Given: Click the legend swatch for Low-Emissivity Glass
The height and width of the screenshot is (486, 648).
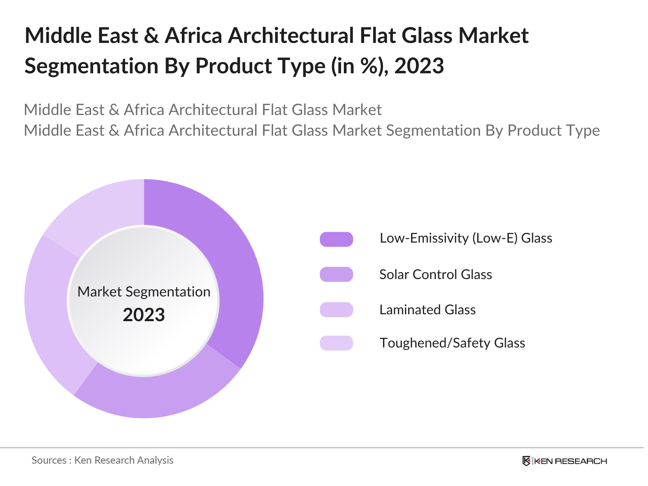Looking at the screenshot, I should pyautogui.click(x=336, y=239).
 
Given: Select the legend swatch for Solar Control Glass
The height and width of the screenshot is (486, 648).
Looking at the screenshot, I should pyautogui.click(x=336, y=275).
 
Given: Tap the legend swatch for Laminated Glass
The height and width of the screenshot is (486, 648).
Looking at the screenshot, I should pyautogui.click(x=336, y=310).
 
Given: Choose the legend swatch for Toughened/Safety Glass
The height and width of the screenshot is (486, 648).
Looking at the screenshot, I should pyautogui.click(x=336, y=343).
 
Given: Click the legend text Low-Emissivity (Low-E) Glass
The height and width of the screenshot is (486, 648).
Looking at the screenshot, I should pyautogui.click(x=466, y=238).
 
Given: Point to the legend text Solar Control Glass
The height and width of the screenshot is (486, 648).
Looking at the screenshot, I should pyautogui.click(x=435, y=275).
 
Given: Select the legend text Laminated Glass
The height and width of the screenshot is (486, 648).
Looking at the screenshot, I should pyautogui.click(x=427, y=310).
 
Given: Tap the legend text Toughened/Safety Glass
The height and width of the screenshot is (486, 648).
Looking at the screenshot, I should pyautogui.click(x=452, y=343).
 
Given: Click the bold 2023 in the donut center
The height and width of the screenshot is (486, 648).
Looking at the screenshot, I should pyautogui.click(x=144, y=315).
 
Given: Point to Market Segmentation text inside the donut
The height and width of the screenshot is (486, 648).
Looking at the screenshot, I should pyautogui.click(x=144, y=292).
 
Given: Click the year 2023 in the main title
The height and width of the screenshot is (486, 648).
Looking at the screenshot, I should pyautogui.click(x=419, y=66).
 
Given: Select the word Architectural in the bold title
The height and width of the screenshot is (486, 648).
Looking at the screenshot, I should pyautogui.click(x=291, y=36).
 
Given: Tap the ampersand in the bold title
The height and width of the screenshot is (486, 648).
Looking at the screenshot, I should pyautogui.click(x=151, y=36).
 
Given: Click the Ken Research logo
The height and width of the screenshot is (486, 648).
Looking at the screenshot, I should pyautogui.click(x=565, y=461).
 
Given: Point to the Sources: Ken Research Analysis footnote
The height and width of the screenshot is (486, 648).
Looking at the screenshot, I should pyautogui.click(x=102, y=460).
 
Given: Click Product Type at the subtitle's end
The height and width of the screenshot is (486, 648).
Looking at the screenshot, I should pyautogui.click(x=553, y=130).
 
